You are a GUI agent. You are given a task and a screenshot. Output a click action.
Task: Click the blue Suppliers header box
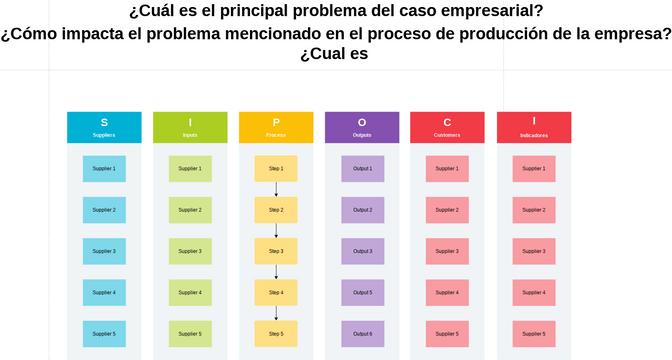pyautogui.click(x=104, y=127)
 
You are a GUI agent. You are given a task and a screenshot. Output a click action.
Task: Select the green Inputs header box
pyautogui.click(x=190, y=127)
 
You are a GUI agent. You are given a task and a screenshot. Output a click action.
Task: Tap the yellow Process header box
pyautogui.click(x=276, y=127)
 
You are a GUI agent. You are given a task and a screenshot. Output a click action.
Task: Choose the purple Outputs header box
pyautogui.click(x=362, y=127)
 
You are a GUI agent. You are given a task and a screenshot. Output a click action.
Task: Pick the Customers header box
pyautogui.click(x=447, y=127)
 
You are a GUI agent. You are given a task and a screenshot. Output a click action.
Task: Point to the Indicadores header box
pyautogui.click(x=534, y=127)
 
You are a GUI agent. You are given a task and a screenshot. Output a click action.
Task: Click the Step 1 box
pyautogui.click(x=276, y=169)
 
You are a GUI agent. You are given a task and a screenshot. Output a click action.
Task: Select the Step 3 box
pyautogui.click(x=276, y=251)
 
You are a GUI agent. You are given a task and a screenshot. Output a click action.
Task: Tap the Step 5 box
pyautogui.click(x=276, y=334)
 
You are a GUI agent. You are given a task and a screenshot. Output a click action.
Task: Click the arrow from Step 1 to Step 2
pyautogui.click(x=276, y=189)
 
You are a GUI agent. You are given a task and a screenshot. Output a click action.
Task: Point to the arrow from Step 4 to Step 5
pyautogui.click(x=276, y=313)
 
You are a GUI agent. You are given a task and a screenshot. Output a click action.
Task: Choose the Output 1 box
pyautogui.click(x=362, y=169)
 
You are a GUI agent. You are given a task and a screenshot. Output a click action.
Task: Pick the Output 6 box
pyautogui.click(x=362, y=334)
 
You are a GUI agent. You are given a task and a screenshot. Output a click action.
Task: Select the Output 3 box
pyautogui.click(x=362, y=251)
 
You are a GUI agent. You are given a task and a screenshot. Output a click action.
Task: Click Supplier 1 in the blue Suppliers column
pyautogui.click(x=104, y=169)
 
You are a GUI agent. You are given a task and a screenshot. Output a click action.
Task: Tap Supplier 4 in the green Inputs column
pyautogui.click(x=190, y=293)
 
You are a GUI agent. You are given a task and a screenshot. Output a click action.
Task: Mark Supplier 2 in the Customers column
pyautogui.click(x=447, y=210)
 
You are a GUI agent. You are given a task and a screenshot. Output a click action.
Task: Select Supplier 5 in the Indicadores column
pyautogui.click(x=534, y=334)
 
